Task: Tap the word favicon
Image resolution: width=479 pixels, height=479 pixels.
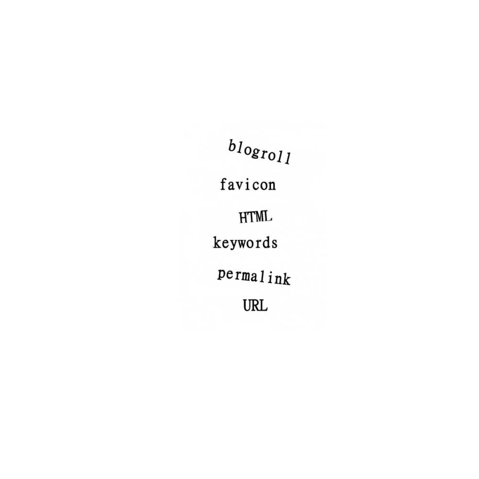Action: [248, 184]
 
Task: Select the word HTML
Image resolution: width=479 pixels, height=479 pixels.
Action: [256, 217]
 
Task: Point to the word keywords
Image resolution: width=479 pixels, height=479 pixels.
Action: [245, 243]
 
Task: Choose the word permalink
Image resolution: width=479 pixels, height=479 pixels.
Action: [254, 277]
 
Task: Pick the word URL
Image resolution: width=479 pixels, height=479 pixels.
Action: [255, 306]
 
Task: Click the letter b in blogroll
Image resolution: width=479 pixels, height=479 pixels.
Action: [232, 146]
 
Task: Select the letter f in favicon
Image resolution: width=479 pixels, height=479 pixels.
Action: [224, 184]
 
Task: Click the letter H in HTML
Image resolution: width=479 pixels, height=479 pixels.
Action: [243, 217]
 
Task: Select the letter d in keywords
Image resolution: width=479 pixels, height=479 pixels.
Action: [265, 242]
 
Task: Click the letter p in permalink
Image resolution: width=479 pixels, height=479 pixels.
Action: [222, 275]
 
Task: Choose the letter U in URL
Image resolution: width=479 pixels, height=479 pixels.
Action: [248, 306]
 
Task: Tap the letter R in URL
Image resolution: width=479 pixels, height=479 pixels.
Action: [256, 306]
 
